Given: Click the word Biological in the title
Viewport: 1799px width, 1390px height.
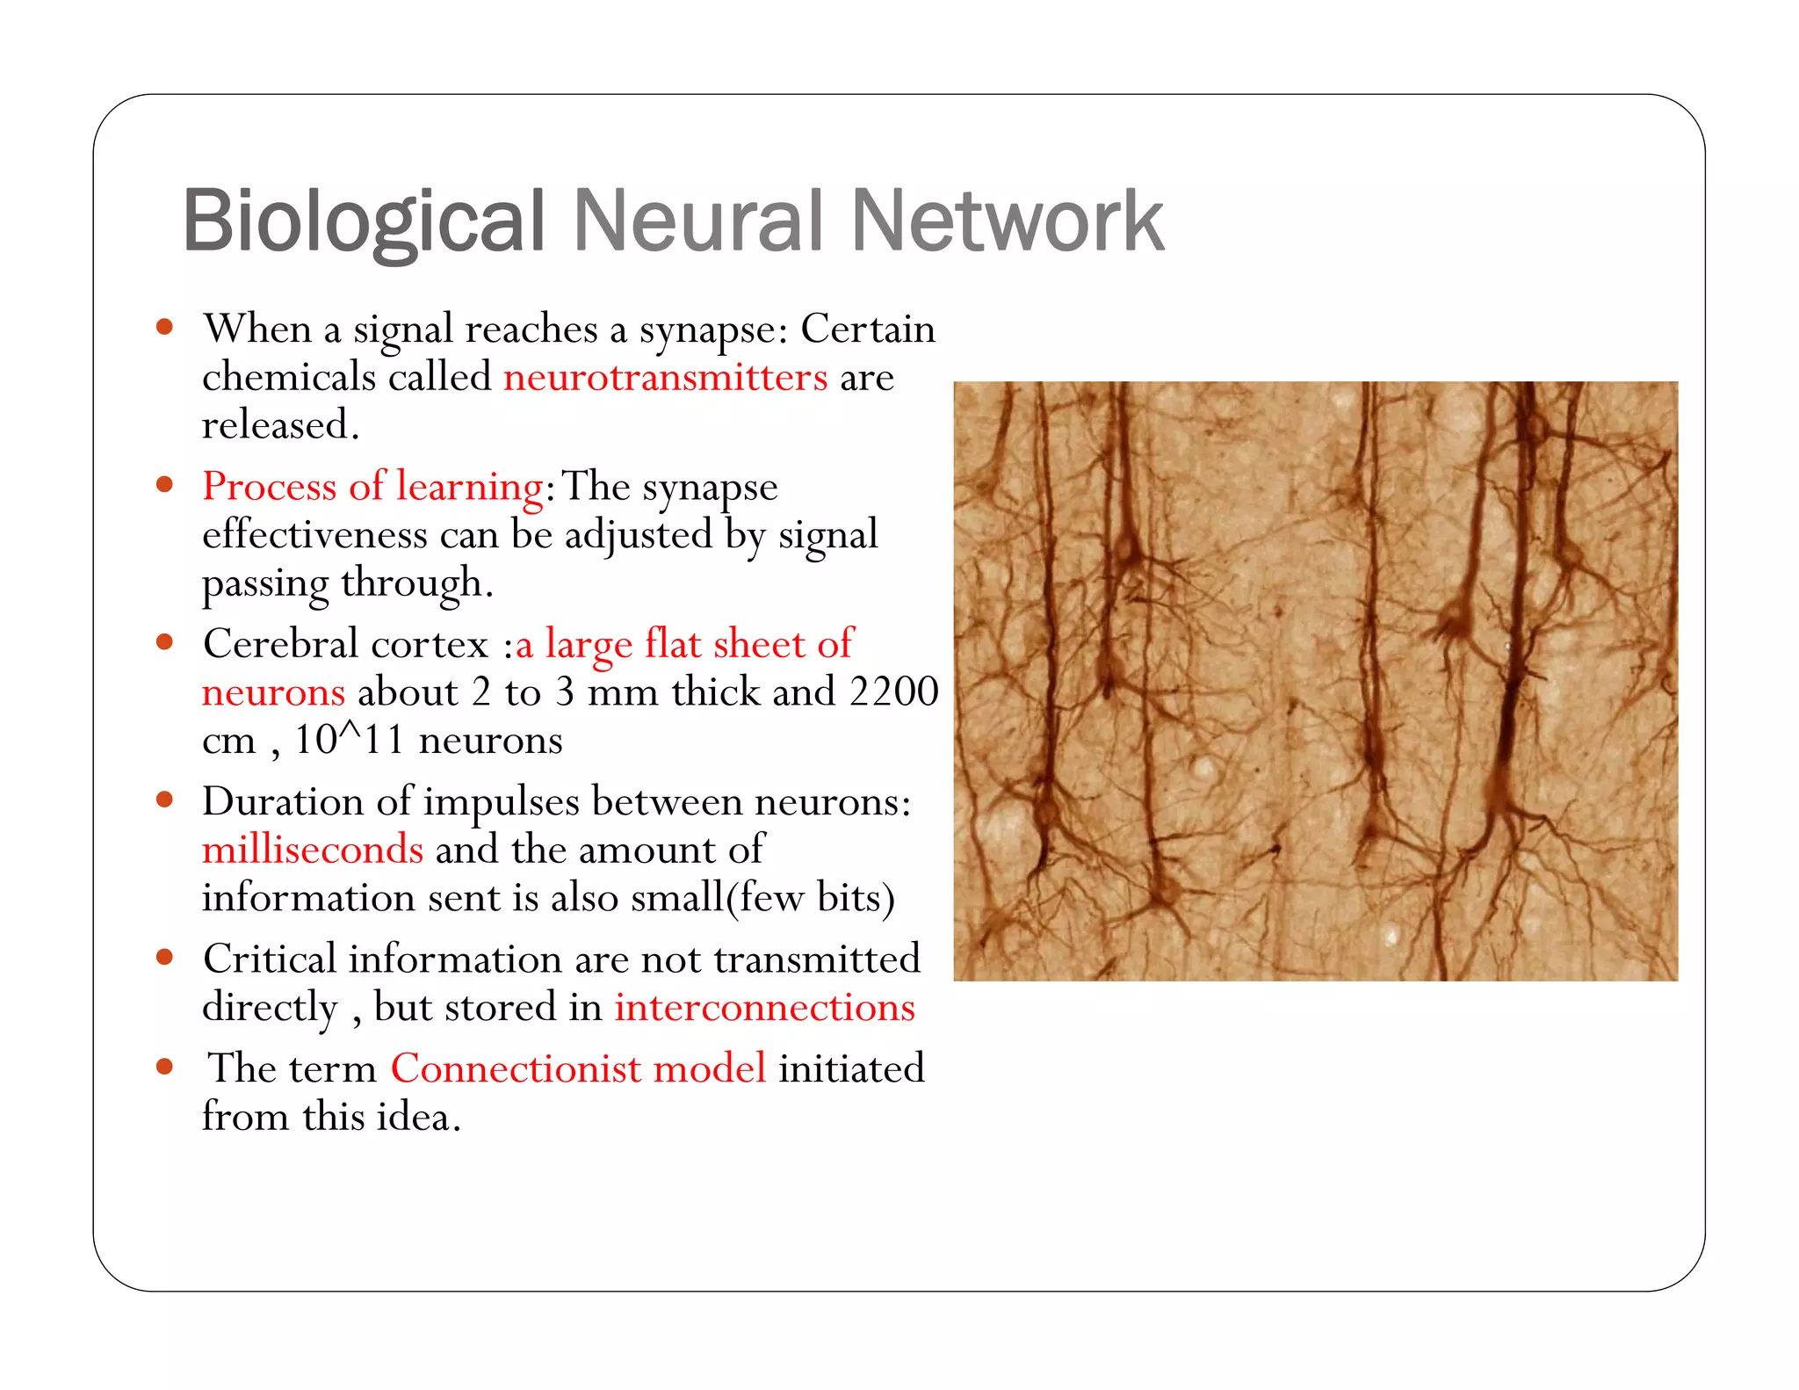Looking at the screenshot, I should [x=364, y=221].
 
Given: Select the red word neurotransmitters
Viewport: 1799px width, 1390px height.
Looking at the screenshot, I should [x=665, y=378].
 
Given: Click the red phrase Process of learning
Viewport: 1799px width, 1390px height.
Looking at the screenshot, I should [x=372, y=487].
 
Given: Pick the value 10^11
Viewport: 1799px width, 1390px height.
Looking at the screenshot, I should [x=349, y=740].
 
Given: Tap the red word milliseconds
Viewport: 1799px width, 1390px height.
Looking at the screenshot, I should [x=313, y=851].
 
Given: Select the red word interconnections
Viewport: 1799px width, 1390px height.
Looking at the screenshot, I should [x=764, y=1008].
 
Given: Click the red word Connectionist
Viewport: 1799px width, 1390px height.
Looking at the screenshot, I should [x=516, y=1069].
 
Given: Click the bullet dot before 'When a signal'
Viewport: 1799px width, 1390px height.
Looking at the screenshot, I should [x=164, y=328].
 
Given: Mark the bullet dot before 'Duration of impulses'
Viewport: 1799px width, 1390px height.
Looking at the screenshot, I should [x=164, y=800].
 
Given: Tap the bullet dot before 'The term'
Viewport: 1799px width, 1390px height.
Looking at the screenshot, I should [x=164, y=1067].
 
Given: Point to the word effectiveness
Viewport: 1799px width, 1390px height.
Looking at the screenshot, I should [x=314, y=535].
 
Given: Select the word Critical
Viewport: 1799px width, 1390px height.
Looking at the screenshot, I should [x=270, y=959].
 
